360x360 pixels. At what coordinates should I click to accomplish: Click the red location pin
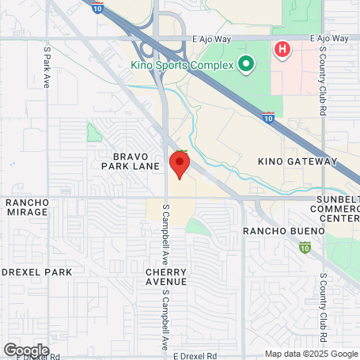tap(180, 165)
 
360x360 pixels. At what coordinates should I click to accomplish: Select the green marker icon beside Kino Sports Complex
tap(245, 64)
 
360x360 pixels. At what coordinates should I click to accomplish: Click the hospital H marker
tap(282, 50)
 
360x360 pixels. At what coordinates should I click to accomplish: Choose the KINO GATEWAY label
tap(297, 161)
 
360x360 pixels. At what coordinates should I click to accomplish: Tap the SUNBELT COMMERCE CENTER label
tap(335, 209)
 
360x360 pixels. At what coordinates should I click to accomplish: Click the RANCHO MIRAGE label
tap(28, 208)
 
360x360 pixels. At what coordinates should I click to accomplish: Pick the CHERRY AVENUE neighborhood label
tap(166, 276)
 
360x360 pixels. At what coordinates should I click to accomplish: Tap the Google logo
tap(26, 351)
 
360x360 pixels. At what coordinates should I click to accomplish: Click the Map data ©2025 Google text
tap(311, 354)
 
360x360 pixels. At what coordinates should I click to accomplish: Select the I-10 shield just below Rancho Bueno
tap(305, 248)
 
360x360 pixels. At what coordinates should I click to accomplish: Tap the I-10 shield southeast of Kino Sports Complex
tap(268, 117)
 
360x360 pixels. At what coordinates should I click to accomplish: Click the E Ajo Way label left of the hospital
tap(214, 37)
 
